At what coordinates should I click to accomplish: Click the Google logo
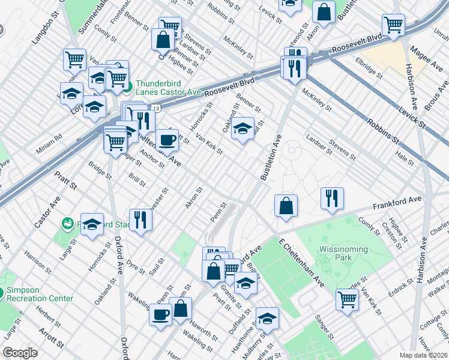tap(20, 353)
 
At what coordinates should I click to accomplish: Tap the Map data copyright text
tap(423, 355)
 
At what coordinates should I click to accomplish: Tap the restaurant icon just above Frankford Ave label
tap(332, 198)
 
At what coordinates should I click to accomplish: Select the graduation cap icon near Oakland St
tap(243, 128)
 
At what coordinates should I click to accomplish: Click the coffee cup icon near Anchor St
tap(167, 140)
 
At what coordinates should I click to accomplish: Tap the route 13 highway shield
tap(156, 109)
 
